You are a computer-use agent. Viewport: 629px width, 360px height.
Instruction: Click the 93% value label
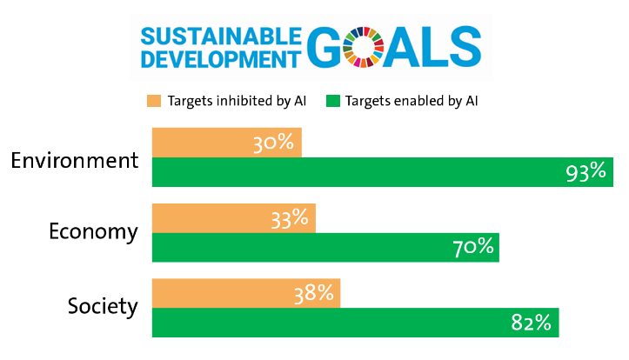[585, 172]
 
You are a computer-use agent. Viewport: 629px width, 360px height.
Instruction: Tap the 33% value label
[291, 218]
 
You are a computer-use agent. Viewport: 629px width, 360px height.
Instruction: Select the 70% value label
[474, 248]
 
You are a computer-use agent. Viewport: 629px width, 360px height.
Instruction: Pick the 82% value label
[532, 323]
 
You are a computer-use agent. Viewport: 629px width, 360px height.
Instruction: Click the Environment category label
[75, 161]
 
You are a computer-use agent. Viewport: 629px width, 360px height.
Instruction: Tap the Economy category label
[93, 232]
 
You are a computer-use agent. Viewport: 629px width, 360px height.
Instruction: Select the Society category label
[103, 306]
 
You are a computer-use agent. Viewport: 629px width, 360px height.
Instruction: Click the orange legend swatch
[154, 101]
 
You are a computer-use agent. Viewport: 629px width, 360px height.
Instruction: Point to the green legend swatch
[332, 101]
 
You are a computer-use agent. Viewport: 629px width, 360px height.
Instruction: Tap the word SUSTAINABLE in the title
[221, 37]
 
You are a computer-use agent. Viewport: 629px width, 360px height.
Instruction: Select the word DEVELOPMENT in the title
[215, 58]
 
